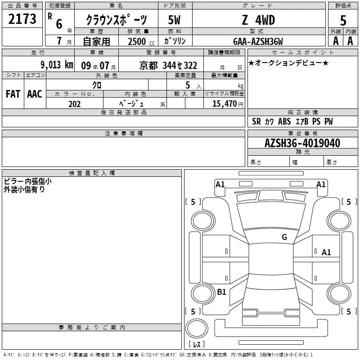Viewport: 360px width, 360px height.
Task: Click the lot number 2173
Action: pyautogui.click(x=22, y=19)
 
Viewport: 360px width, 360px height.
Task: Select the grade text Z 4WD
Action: pyautogui.click(x=258, y=20)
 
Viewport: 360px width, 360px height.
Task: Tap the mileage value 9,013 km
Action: pyautogui.click(x=57, y=65)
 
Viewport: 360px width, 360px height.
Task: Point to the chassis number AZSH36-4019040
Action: pyautogui.click(x=302, y=143)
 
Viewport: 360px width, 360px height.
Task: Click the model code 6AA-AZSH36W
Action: pyautogui.click(x=258, y=41)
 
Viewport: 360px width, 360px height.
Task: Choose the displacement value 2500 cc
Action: pyautogui.click(x=141, y=41)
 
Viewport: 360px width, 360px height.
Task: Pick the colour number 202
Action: pyautogui.click(x=74, y=104)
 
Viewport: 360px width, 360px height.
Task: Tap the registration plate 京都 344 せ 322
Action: pyautogui.click(x=168, y=66)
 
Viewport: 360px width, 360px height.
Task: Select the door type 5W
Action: pyautogui.click(x=174, y=20)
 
